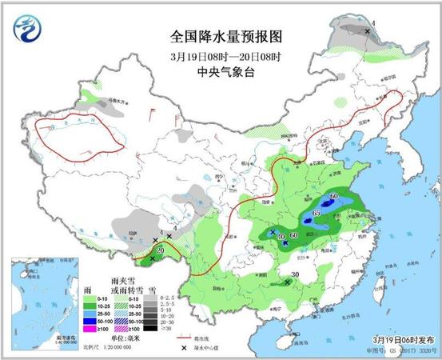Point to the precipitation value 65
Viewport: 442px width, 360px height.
[317, 214]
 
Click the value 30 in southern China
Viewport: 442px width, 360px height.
[294, 275]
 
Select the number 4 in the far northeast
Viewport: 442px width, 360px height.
[373, 23]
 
